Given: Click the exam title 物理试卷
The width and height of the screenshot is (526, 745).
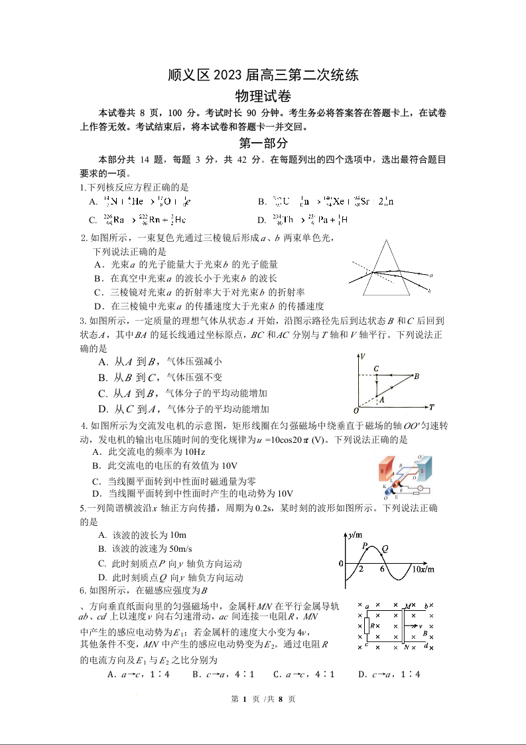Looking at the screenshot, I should point(263,98).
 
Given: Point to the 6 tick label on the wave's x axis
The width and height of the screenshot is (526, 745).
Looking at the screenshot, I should point(382,569).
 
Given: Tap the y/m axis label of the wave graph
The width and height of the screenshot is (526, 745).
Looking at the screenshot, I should point(354,535).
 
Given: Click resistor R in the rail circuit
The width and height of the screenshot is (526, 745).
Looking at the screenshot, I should point(367,625).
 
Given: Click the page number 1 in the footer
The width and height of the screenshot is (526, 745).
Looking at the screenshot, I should point(245,699).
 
